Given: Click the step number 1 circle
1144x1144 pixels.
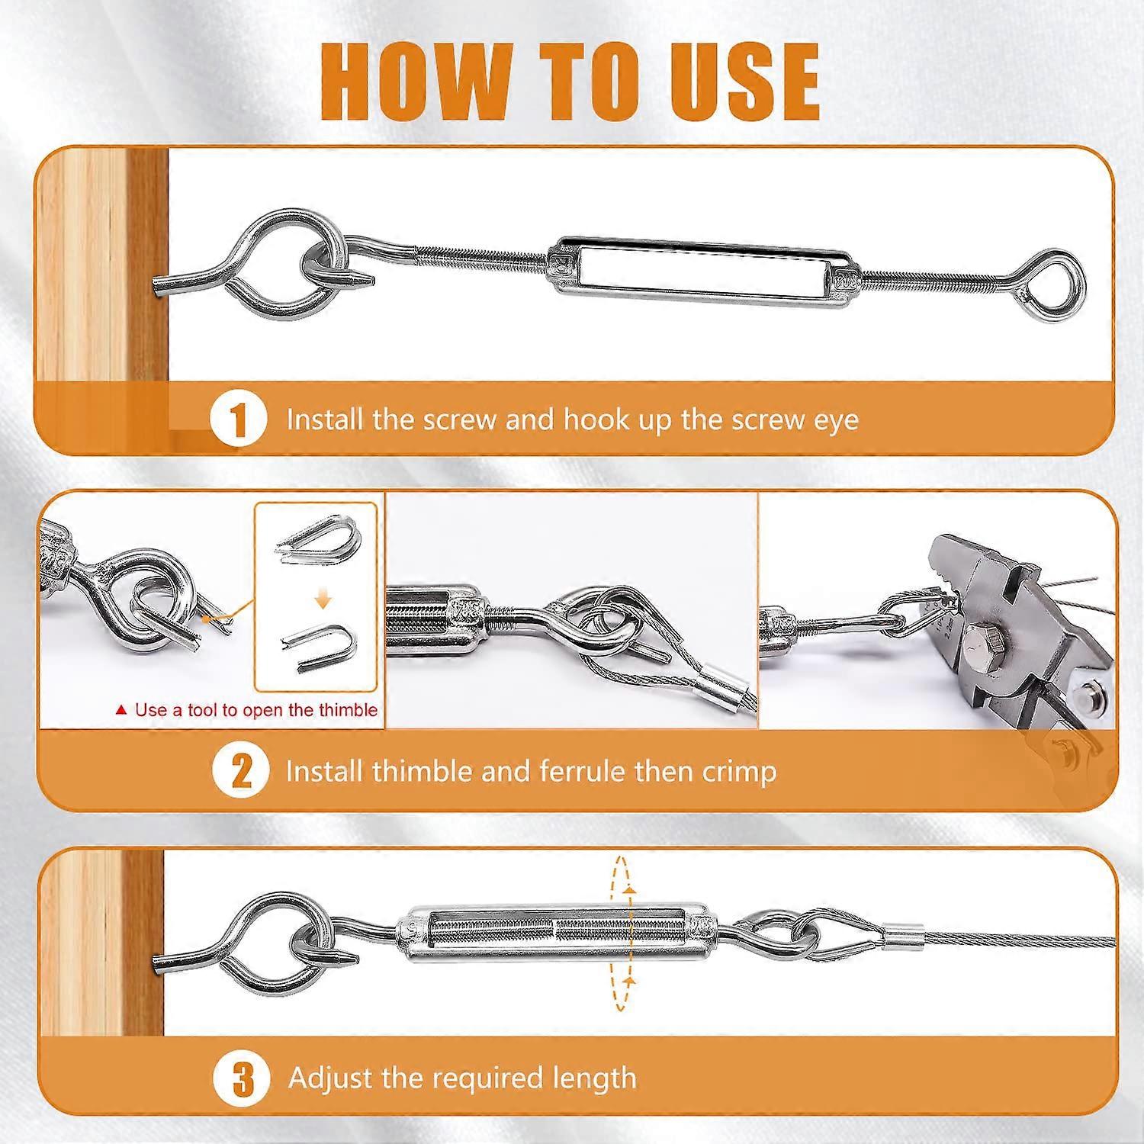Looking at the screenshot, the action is point(239,419).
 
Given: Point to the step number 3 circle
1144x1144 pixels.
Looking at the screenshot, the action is point(242,1078).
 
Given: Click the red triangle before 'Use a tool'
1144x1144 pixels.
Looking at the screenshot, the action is point(121,710).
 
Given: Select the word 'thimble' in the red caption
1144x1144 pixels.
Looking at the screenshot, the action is point(348,710).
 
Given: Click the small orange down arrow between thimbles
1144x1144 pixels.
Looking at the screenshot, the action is point(323,602).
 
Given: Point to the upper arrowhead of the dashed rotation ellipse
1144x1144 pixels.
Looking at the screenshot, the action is point(628,889).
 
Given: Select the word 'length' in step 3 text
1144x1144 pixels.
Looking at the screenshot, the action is point(592,1078).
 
